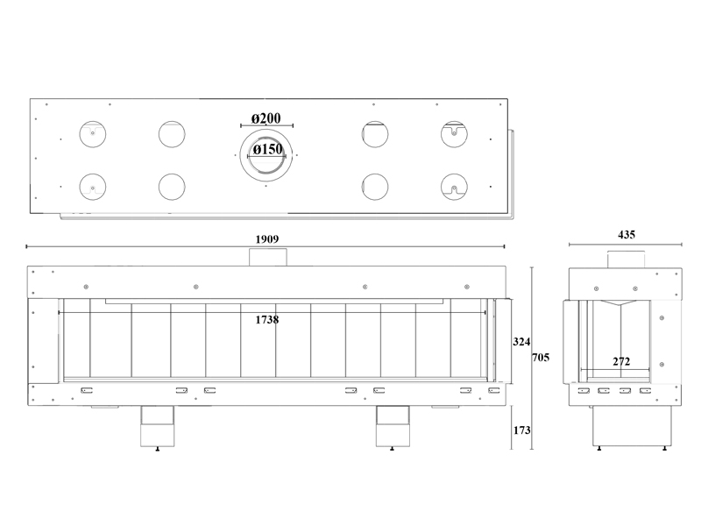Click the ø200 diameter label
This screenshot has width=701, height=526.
pyautogui.click(x=266, y=118)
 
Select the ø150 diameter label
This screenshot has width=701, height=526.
pyautogui.click(x=268, y=149)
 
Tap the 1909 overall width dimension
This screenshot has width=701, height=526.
pyautogui.click(x=267, y=239)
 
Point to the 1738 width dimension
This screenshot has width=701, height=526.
pyautogui.click(x=267, y=320)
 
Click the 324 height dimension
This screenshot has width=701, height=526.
pyautogui.click(x=521, y=342)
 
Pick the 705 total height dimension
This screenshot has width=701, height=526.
pyautogui.click(x=541, y=358)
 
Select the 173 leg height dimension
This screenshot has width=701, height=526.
pyautogui.click(x=521, y=430)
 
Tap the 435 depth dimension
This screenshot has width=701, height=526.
pyautogui.click(x=627, y=235)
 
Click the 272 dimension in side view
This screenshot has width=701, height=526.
pyautogui.click(x=621, y=361)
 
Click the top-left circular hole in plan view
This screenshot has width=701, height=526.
pyautogui.click(x=93, y=134)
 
